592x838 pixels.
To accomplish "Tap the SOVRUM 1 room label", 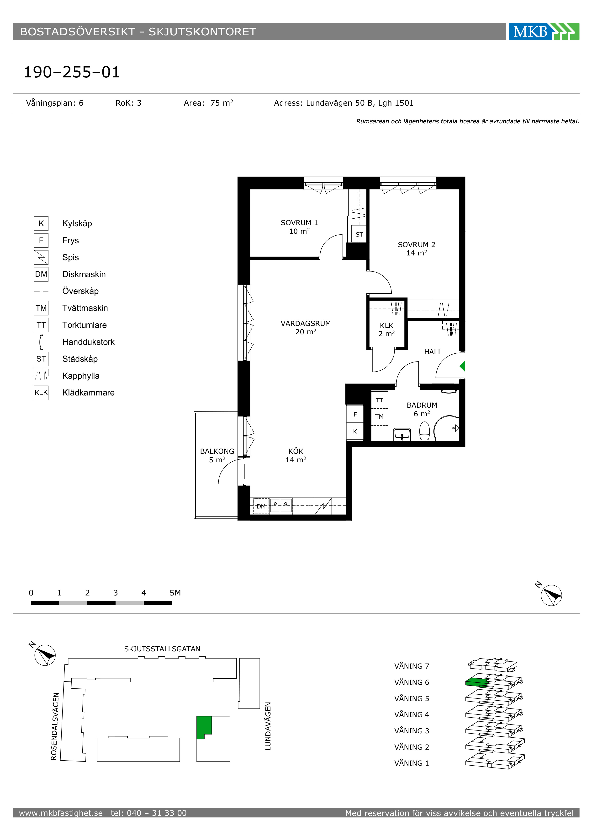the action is pyautogui.click(x=299, y=223).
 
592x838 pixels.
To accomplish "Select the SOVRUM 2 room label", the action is pyautogui.click(x=417, y=244).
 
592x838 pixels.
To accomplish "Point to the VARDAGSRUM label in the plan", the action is pyautogui.click(x=306, y=323).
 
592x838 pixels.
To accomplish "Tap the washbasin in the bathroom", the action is pyautogui.click(x=402, y=434).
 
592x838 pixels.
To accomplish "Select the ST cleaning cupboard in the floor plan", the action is pyautogui.click(x=359, y=234).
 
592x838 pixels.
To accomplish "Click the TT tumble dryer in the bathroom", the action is pyautogui.click(x=380, y=400).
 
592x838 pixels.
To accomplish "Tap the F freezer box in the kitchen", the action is pyautogui.click(x=355, y=414).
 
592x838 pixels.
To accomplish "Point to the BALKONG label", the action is pyautogui.click(x=217, y=451).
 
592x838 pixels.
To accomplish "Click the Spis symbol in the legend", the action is pyautogui.click(x=41, y=257).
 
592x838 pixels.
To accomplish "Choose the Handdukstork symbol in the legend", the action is pyautogui.click(x=42, y=342).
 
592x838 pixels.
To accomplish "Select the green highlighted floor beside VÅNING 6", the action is pyautogui.click(x=477, y=682).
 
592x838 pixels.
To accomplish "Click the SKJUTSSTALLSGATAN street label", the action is pyautogui.click(x=162, y=649).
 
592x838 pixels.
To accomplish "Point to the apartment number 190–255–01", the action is pyautogui.click(x=72, y=72).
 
